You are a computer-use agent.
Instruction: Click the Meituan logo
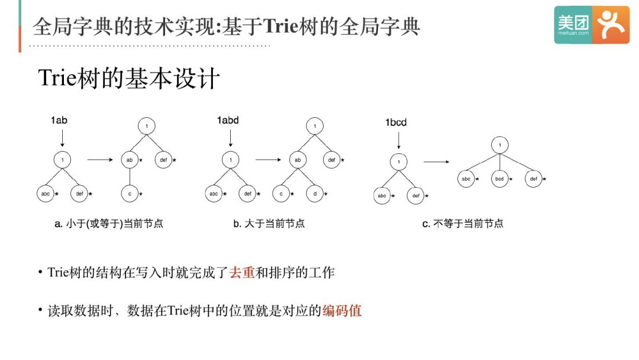click(x=592, y=25)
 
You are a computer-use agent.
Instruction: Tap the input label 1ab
click(x=59, y=120)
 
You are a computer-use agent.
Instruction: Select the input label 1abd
click(x=228, y=120)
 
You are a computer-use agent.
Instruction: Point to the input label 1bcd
click(x=396, y=123)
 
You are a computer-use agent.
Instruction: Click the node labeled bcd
click(x=499, y=178)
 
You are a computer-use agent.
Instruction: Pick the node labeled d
click(x=314, y=193)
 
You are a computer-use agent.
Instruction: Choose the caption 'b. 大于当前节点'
click(x=269, y=224)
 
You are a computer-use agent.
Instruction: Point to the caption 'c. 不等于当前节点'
click(x=463, y=224)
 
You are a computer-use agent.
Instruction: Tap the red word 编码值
click(x=342, y=310)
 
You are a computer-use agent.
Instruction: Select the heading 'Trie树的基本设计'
click(x=129, y=79)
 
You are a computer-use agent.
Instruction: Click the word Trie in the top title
click(x=282, y=26)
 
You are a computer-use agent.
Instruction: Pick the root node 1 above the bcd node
click(x=500, y=145)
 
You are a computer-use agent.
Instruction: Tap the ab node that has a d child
click(x=298, y=159)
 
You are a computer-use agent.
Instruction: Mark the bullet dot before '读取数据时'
click(x=40, y=310)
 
